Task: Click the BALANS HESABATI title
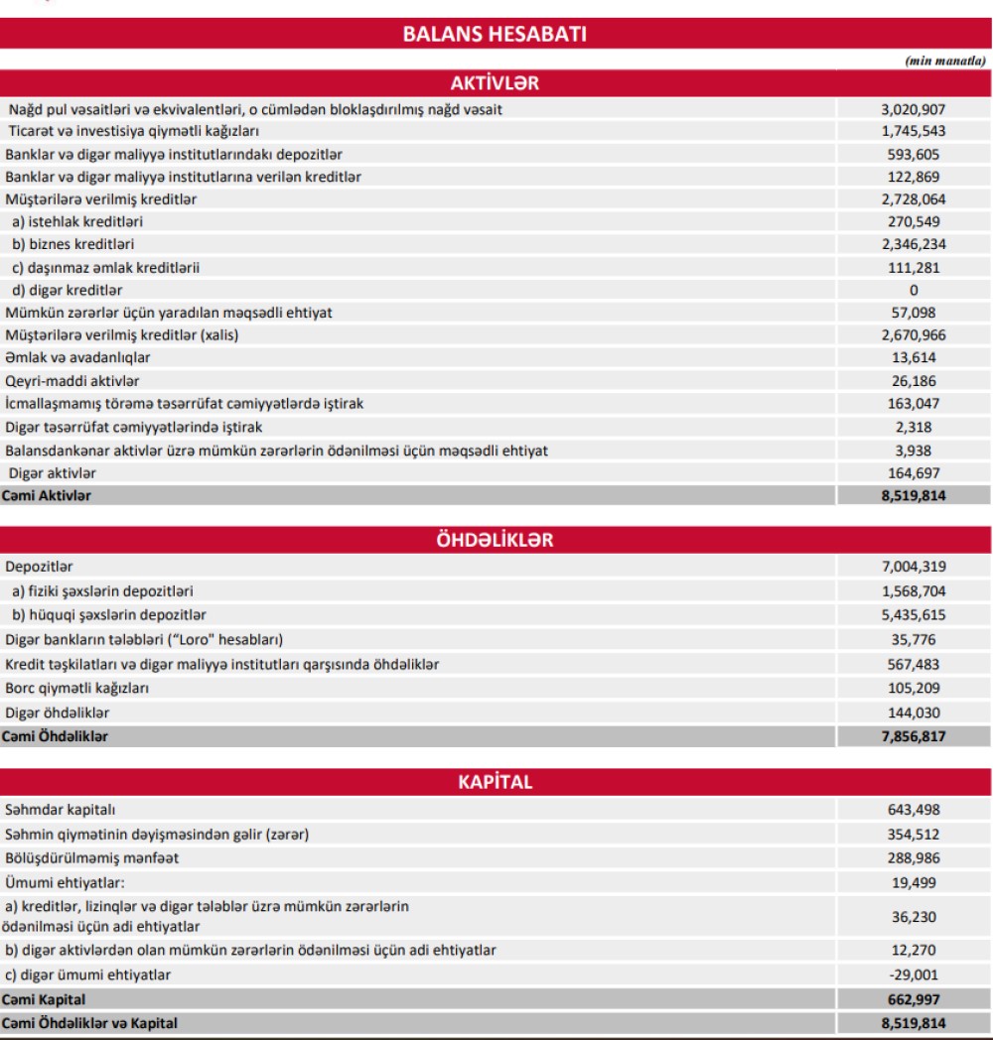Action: pyautogui.click(x=496, y=35)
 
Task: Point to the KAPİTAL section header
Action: pyautogui.click(x=496, y=781)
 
